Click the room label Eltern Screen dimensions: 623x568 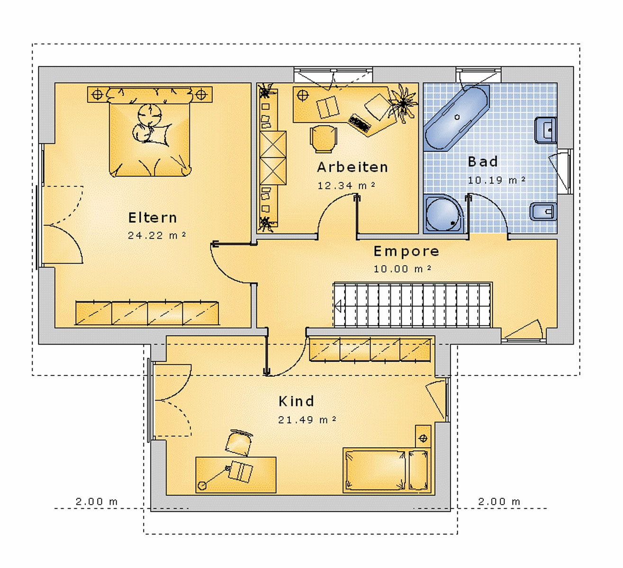(153, 218)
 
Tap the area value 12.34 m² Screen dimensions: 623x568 (346, 186)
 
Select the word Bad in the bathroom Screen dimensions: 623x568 (483, 162)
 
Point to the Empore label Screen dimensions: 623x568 (406, 251)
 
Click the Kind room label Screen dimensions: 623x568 (296, 401)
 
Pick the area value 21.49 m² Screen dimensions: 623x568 (307, 420)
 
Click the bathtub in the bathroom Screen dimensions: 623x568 (457, 118)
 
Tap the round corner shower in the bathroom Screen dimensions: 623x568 (443, 214)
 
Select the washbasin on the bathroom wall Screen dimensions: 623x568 (546, 130)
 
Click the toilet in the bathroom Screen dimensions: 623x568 (543, 212)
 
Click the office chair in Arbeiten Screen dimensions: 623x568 (323, 139)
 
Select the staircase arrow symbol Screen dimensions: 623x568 (338, 306)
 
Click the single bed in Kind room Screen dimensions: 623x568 (387, 470)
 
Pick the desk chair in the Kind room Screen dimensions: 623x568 (238, 443)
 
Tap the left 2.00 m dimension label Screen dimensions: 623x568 (97, 502)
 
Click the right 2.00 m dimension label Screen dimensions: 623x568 (499, 502)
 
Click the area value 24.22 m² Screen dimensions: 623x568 (157, 236)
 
